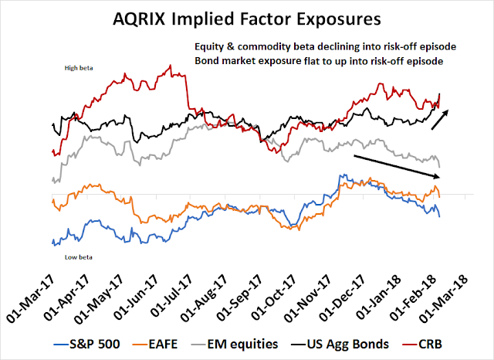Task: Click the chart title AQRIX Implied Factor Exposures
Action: pos(246,17)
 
